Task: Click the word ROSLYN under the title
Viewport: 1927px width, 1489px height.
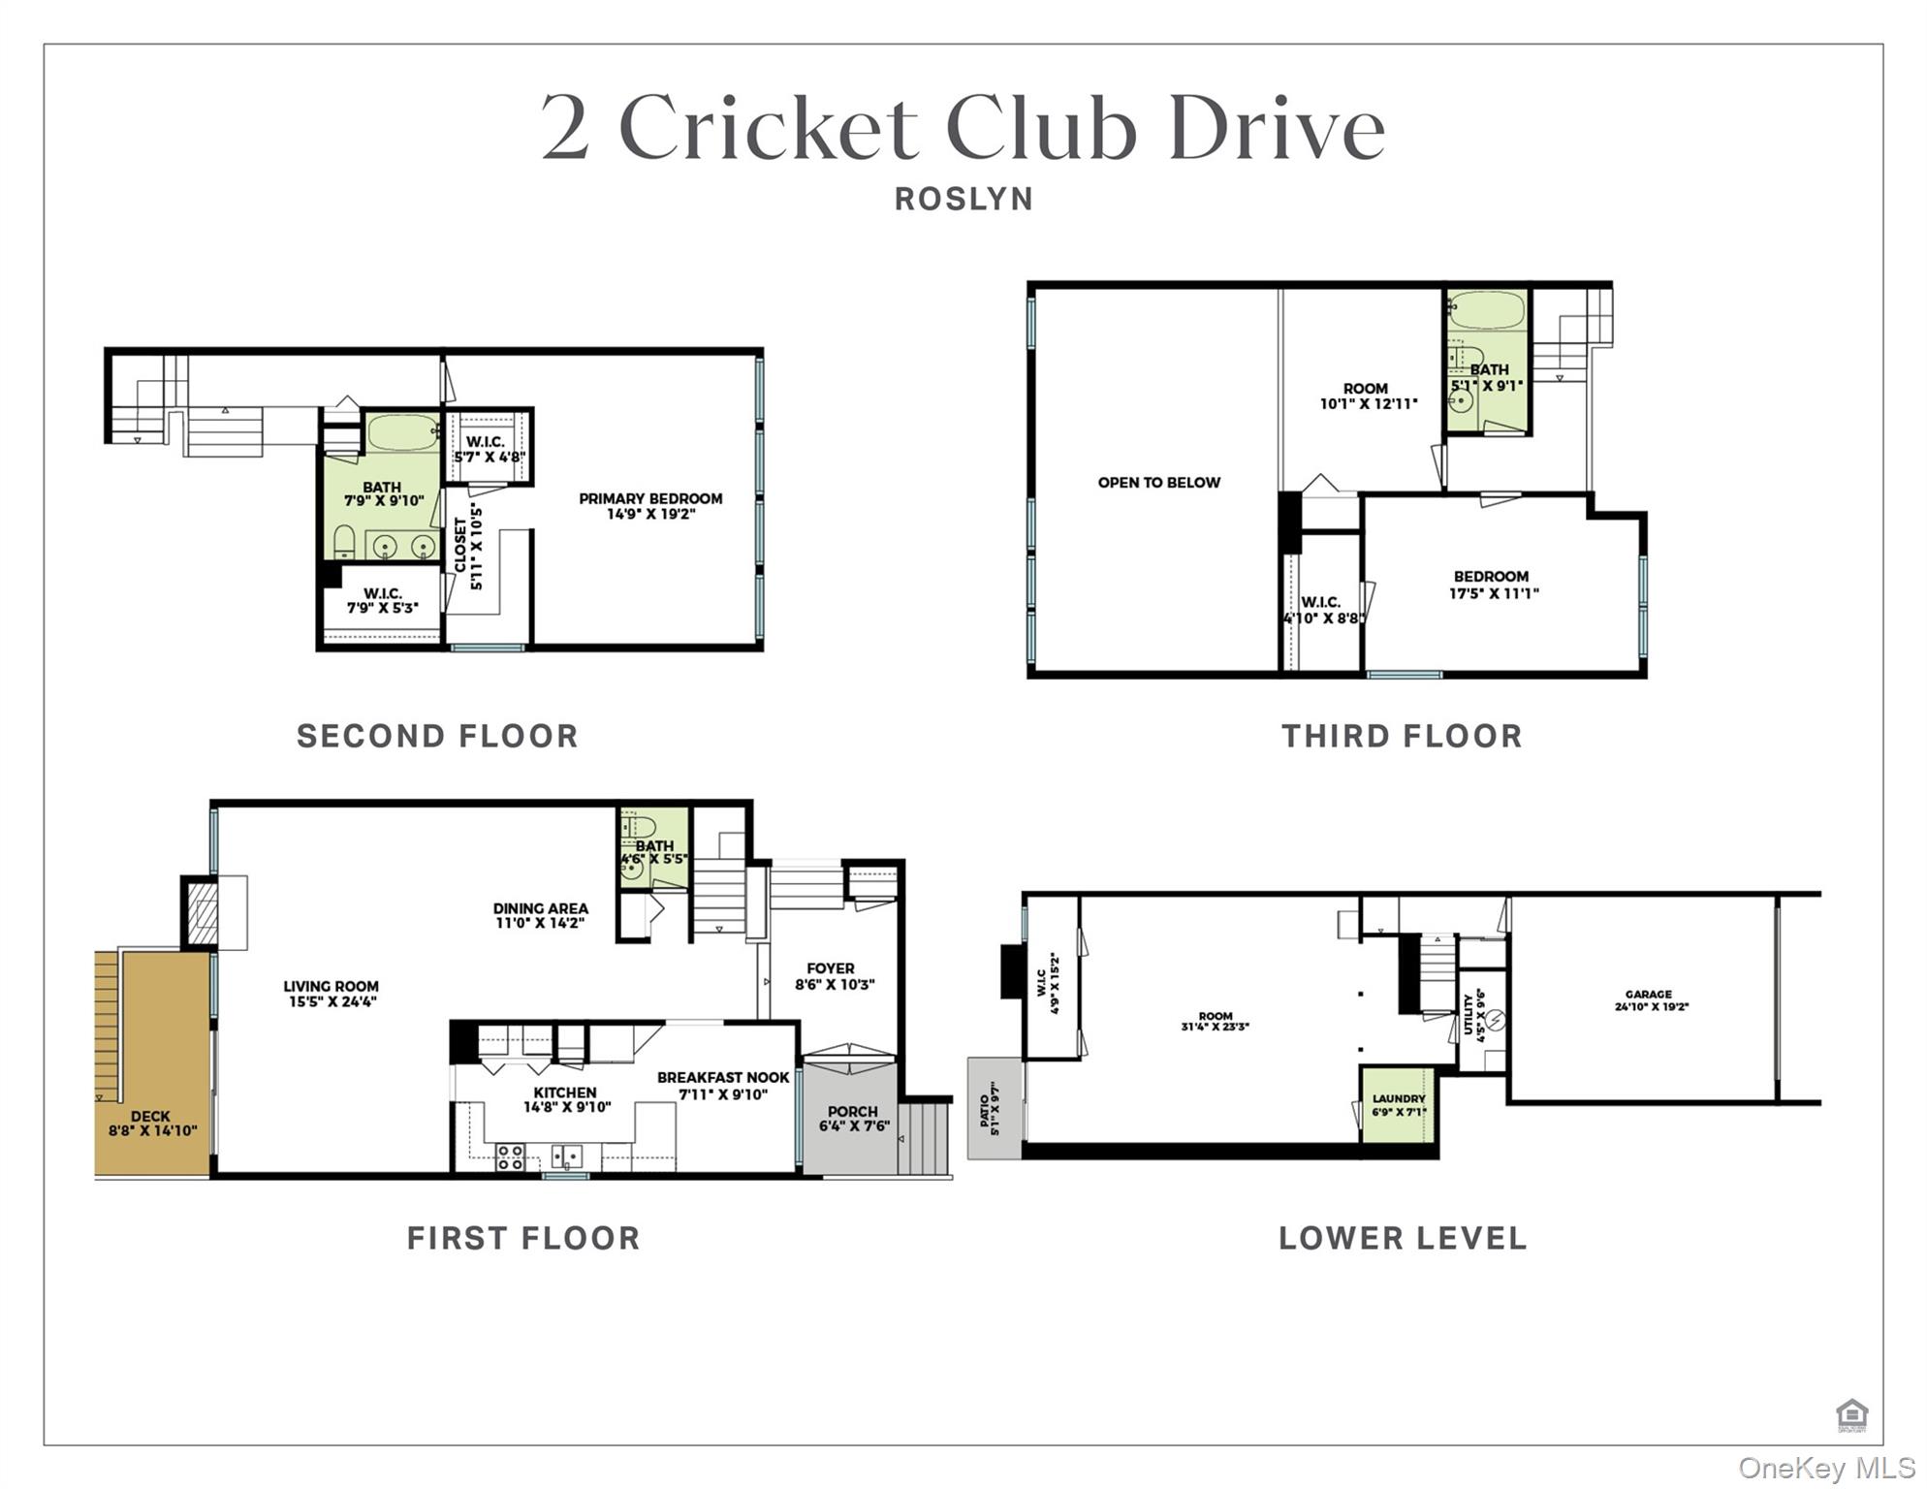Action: pyautogui.click(x=963, y=199)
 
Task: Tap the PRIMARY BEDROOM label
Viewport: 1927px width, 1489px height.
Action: pyautogui.click(x=650, y=499)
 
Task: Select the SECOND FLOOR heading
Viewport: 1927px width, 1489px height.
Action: pyautogui.click(x=437, y=736)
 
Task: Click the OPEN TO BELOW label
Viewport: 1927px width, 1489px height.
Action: pyautogui.click(x=1158, y=483)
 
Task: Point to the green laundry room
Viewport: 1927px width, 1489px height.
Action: pyautogui.click(x=1398, y=1106)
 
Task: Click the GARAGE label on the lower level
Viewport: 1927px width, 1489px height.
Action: pyautogui.click(x=1648, y=994)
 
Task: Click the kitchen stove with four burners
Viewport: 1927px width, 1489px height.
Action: pyautogui.click(x=511, y=1157)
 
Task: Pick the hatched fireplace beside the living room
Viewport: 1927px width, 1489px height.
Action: pyautogui.click(x=202, y=912)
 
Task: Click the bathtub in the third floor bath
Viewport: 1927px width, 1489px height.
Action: pyautogui.click(x=1486, y=311)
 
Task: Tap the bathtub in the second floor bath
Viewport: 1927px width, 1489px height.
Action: pyautogui.click(x=403, y=432)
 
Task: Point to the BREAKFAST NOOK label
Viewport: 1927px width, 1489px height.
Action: pyautogui.click(x=723, y=1078)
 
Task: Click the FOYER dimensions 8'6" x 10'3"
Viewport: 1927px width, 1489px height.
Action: pyautogui.click(x=835, y=984)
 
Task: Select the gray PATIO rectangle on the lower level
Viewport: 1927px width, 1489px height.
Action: pyautogui.click(x=994, y=1108)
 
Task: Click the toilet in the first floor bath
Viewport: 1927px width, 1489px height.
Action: pyautogui.click(x=640, y=827)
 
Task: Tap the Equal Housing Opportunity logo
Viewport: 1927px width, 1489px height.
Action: pyautogui.click(x=1851, y=1415)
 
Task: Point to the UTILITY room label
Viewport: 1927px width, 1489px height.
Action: pyautogui.click(x=1469, y=1014)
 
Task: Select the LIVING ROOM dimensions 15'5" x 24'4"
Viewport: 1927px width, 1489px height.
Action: pyautogui.click(x=332, y=1001)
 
